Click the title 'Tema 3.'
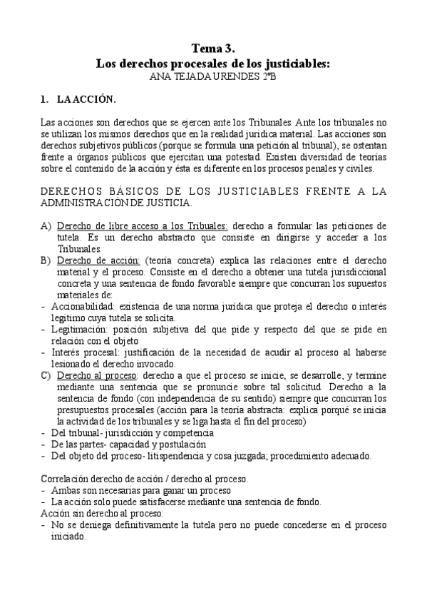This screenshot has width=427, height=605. pyautogui.click(x=213, y=49)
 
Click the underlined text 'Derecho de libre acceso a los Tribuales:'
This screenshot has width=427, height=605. pyautogui.click(x=142, y=226)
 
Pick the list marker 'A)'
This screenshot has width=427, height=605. pyautogui.click(x=45, y=226)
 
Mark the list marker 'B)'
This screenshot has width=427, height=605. pyautogui.click(x=45, y=260)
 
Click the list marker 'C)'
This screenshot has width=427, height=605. pyautogui.click(x=45, y=375)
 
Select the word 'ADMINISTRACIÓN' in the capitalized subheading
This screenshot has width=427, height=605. pyautogui.click(x=92, y=203)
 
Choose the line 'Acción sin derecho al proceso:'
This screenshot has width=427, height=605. pyautogui.click(x=101, y=513)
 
